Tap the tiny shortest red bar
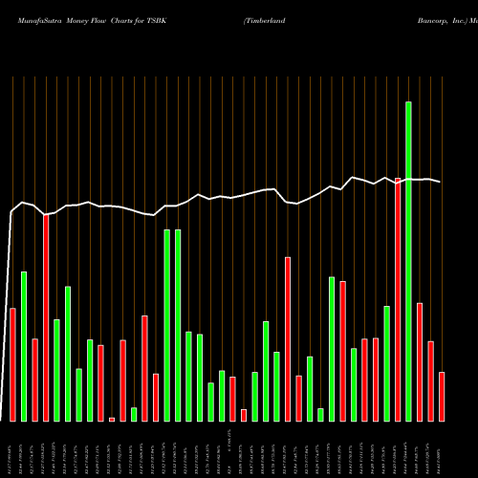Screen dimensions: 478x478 click(x=112, y=419)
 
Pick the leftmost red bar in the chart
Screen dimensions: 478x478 click(x=12, y=364)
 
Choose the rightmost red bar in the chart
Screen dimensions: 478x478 click(x=442, y=397)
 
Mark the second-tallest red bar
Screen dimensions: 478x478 click(x=46, y=317)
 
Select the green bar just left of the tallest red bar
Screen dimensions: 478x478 click(x=386, y=363)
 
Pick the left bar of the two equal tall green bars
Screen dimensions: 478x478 click(x=167, y=325)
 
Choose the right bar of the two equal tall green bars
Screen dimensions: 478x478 click(x=178, y=325)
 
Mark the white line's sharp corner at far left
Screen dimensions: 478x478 click(x=12, y=212)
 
